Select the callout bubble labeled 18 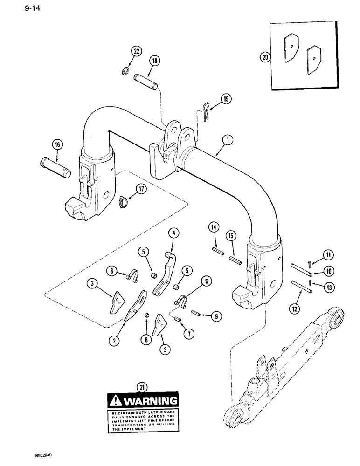[154, 61]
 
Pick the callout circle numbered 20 [265, 57]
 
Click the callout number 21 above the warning [141, 386]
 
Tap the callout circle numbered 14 [214, 228]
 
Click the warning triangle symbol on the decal [114, 401]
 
